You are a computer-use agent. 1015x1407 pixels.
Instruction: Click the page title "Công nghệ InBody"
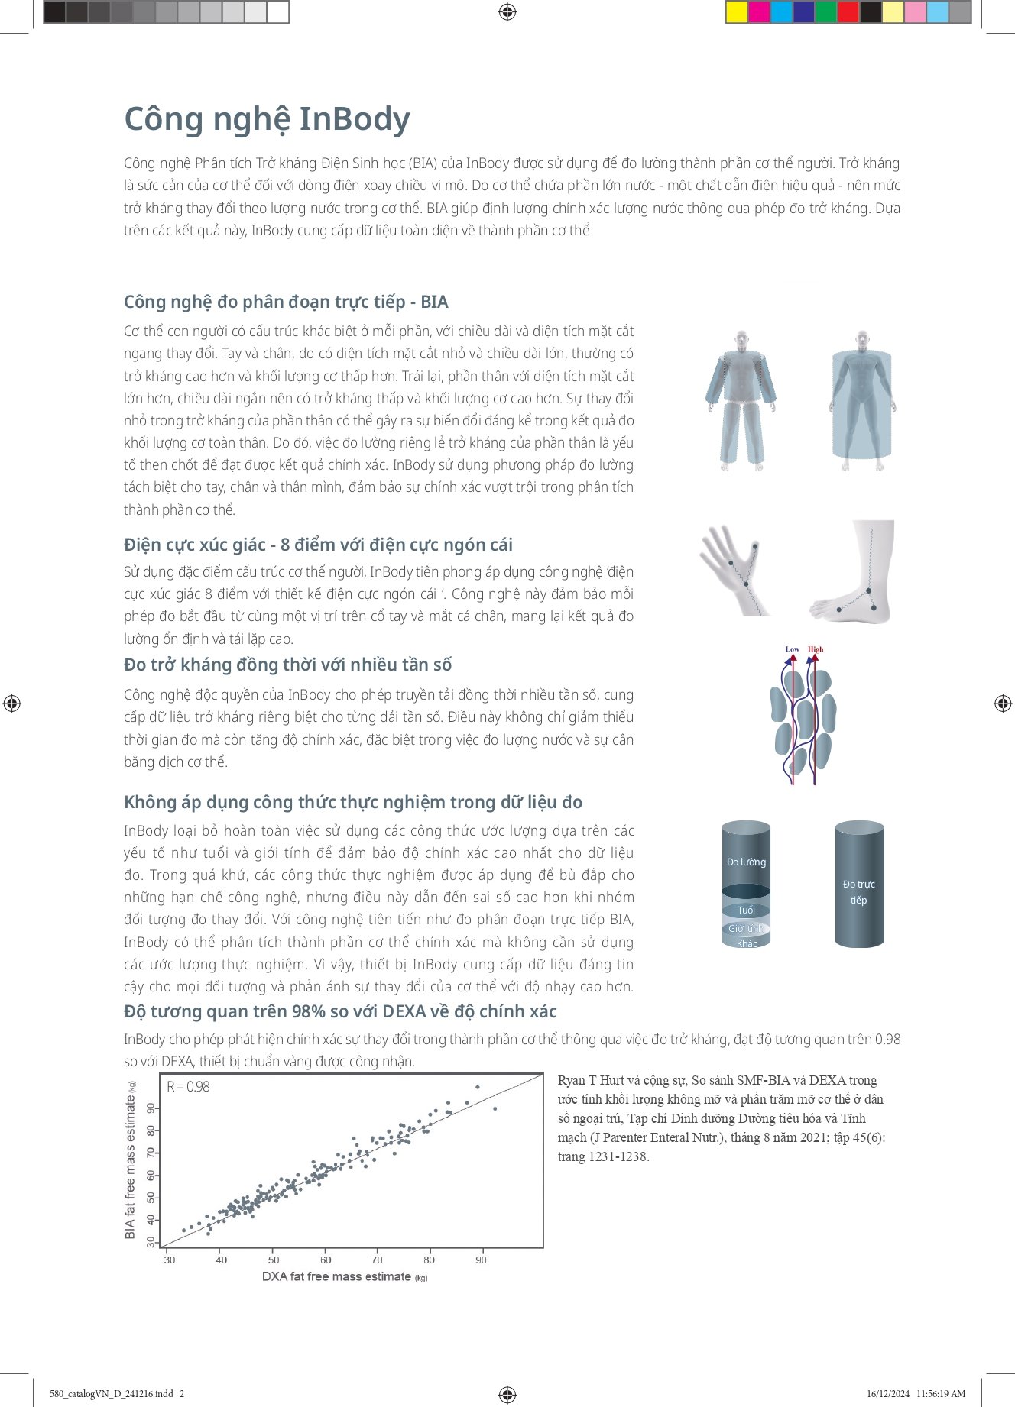pos(267,120)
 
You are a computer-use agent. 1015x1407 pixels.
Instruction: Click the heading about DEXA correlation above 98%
pos(340,1011)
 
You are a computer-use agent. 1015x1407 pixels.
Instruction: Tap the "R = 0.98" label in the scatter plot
pos(188,1086)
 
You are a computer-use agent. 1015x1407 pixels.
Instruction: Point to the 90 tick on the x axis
pos(481,1260)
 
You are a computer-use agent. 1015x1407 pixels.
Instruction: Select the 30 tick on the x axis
pos(170,1260)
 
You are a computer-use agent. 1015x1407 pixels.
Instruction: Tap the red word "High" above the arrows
pos(816,649)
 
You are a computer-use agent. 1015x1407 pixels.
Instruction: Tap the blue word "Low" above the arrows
pos(792,649)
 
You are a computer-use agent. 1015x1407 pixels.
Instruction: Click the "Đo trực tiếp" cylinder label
pos(859,891)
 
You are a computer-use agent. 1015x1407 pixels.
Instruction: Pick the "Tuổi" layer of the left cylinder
pos(746,910)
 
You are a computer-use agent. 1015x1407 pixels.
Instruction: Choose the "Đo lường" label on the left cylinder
pos(746,862)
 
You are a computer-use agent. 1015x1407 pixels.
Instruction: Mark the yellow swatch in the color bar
pos(737,12)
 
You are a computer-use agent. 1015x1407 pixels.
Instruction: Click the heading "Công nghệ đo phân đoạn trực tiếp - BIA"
pos(286,302)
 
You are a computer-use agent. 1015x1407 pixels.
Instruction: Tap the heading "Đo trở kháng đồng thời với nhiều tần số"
pos(287,665)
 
